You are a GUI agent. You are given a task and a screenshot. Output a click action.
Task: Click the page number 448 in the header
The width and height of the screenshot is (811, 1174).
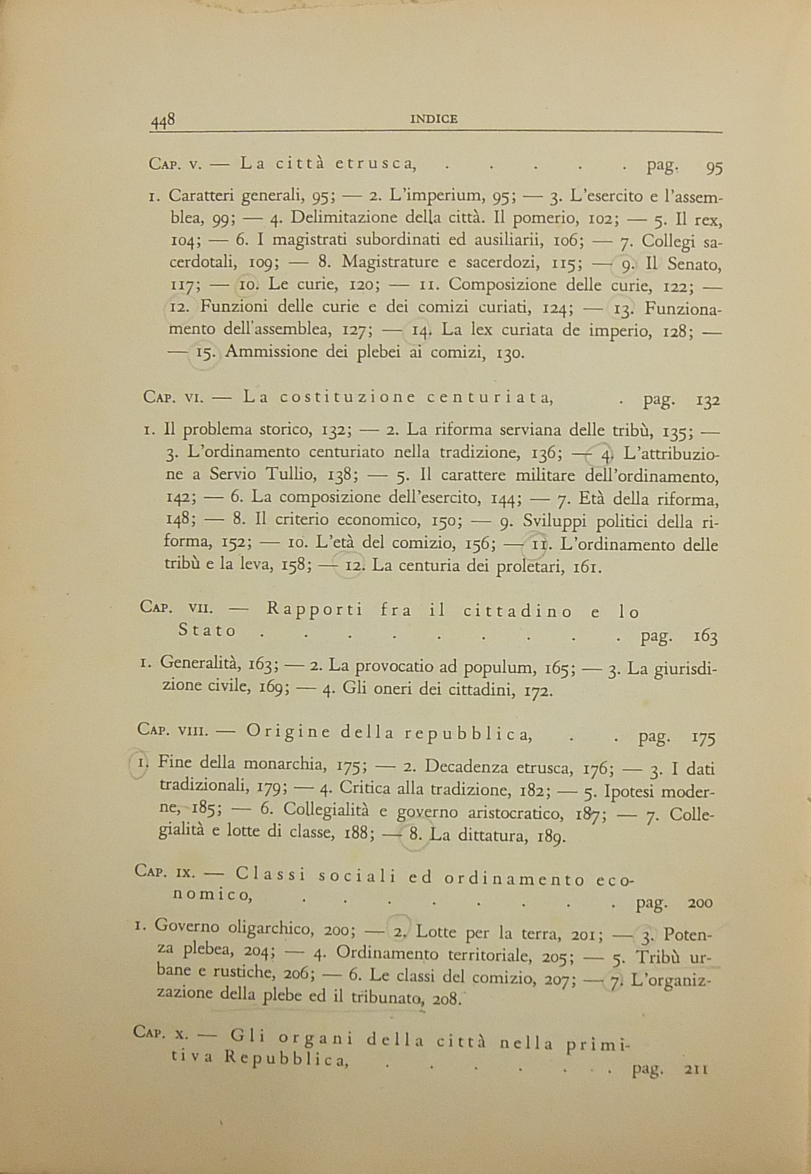pyautogui.click(x=162, y=120)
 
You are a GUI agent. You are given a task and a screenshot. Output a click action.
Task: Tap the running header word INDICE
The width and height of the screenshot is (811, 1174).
pyautogui.click(x=433, y=119)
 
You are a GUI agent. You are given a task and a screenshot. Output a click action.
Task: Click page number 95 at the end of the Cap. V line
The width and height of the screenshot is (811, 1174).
pyautogui.click(x=714, y=168)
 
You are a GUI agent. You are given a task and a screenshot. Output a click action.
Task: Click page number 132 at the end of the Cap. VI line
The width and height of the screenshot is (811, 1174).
pyautogui.click(x=708, y=402)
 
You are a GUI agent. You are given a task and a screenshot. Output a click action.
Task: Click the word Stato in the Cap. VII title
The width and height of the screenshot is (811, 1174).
pyautogui.click(x=207, y=631)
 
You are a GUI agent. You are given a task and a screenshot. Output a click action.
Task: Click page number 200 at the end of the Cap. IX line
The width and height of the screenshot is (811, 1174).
pyautogui.click(x=700, y=903)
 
